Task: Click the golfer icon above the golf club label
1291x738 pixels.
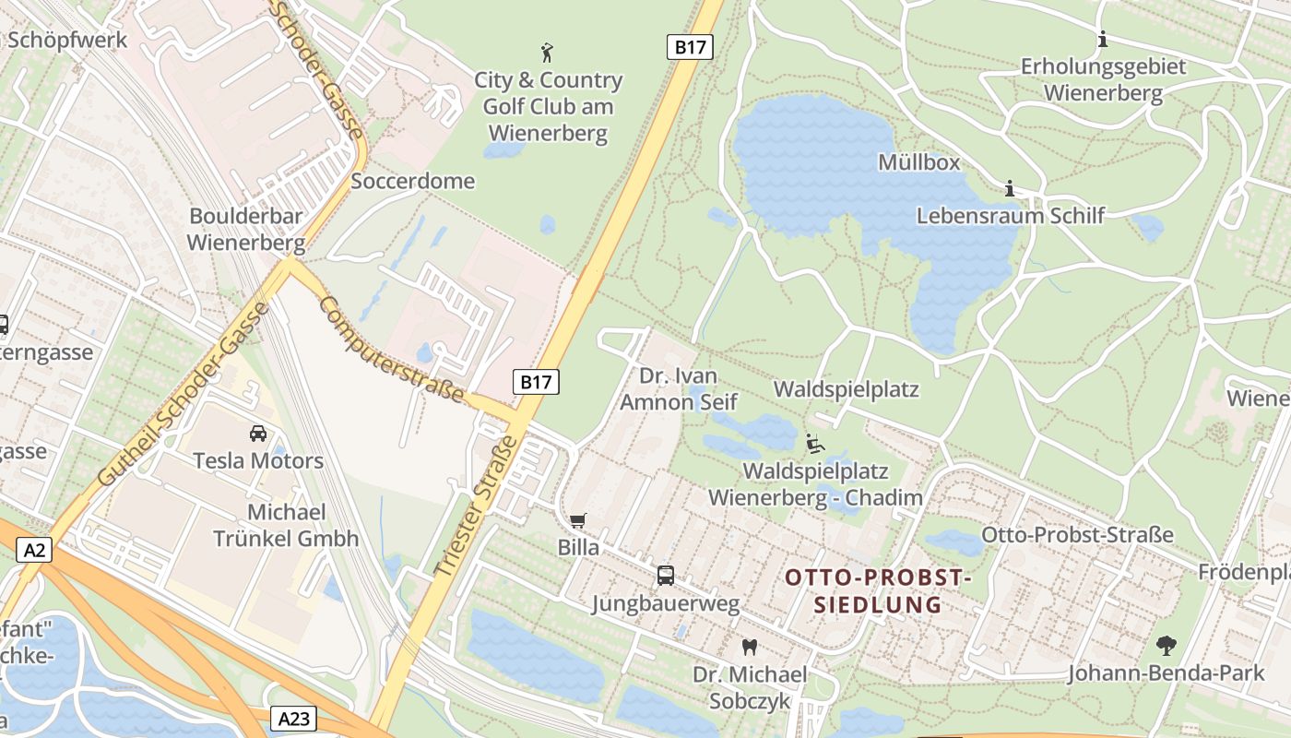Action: pyautogui.click(x=548, y=52)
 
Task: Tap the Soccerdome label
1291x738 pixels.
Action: pyautogui.click(x=413, y=181)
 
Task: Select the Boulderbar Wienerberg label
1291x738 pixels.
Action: pyautogui.click(x=246, y=230)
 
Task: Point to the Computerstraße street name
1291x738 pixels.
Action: pyautogui.click(x=392, y=349)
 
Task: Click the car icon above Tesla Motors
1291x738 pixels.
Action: pyautogui.click(x=258, y=433)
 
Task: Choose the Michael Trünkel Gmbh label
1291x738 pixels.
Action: pyautogui.click(x=286, y=526)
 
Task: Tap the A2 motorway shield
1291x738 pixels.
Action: pyautogui.click(x=34, y=551)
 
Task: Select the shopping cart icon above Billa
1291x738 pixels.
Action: pyautogui.click(x=578, y=521)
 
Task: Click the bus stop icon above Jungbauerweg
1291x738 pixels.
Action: pyautogui.click(x=666, y=576)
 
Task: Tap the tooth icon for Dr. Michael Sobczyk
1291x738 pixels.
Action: pyautogui.click(x=750, y=648)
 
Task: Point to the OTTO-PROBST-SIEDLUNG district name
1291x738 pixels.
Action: pyautogui.click(x=878, y=591)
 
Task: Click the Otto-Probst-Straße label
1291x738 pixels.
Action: pyautogui.click(x=1077, y=535)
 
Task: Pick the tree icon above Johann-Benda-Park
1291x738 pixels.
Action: pyautogui.click(x=1167, y=645)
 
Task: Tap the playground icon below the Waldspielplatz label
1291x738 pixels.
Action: pyautogui.click(x=815, y=445)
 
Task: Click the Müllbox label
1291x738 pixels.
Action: pyautogui.click(x=918, y=163)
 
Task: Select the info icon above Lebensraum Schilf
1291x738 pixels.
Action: pyautogui.click(x=1010, y=189)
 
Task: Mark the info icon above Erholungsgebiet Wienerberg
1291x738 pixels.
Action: pyautogui.click(x=1102, y=40)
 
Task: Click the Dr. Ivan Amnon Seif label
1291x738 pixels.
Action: pyautogui.click(x=679, y=389)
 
